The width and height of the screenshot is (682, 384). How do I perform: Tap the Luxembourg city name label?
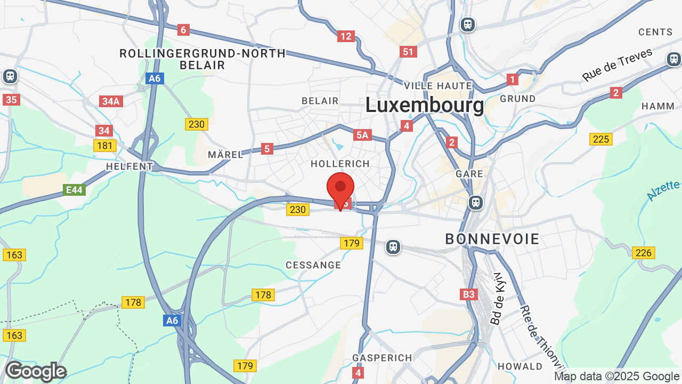coord(425,105)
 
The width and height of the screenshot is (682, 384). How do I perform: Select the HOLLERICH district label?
coord(340,164)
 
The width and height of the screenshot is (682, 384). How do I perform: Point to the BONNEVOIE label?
coord(492,239)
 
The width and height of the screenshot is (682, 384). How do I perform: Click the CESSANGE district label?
coord(313,265)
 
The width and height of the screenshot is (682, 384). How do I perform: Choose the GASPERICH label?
coord(382,358)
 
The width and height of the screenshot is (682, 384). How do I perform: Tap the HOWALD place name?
coord(519,366)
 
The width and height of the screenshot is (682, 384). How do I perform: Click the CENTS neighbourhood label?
coord(655,32)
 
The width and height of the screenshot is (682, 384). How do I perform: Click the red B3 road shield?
coord(468,294)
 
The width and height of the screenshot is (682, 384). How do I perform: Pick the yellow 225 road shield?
coord(600,139)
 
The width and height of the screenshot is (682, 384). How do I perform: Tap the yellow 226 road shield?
coord(643,252)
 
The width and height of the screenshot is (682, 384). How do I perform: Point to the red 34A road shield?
coord(111,101)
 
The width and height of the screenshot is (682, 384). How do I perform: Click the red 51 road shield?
coord(408,52)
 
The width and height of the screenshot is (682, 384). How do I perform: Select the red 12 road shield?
coord(346,36)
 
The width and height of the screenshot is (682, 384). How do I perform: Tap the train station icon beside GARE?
coord(475,203)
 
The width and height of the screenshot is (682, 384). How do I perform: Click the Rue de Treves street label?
coord(617,65)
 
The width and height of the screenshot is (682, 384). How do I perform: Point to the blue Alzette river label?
coord(664,190)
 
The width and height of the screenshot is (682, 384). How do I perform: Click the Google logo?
coord(36,371)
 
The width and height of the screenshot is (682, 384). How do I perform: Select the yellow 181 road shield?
coord(104,145)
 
